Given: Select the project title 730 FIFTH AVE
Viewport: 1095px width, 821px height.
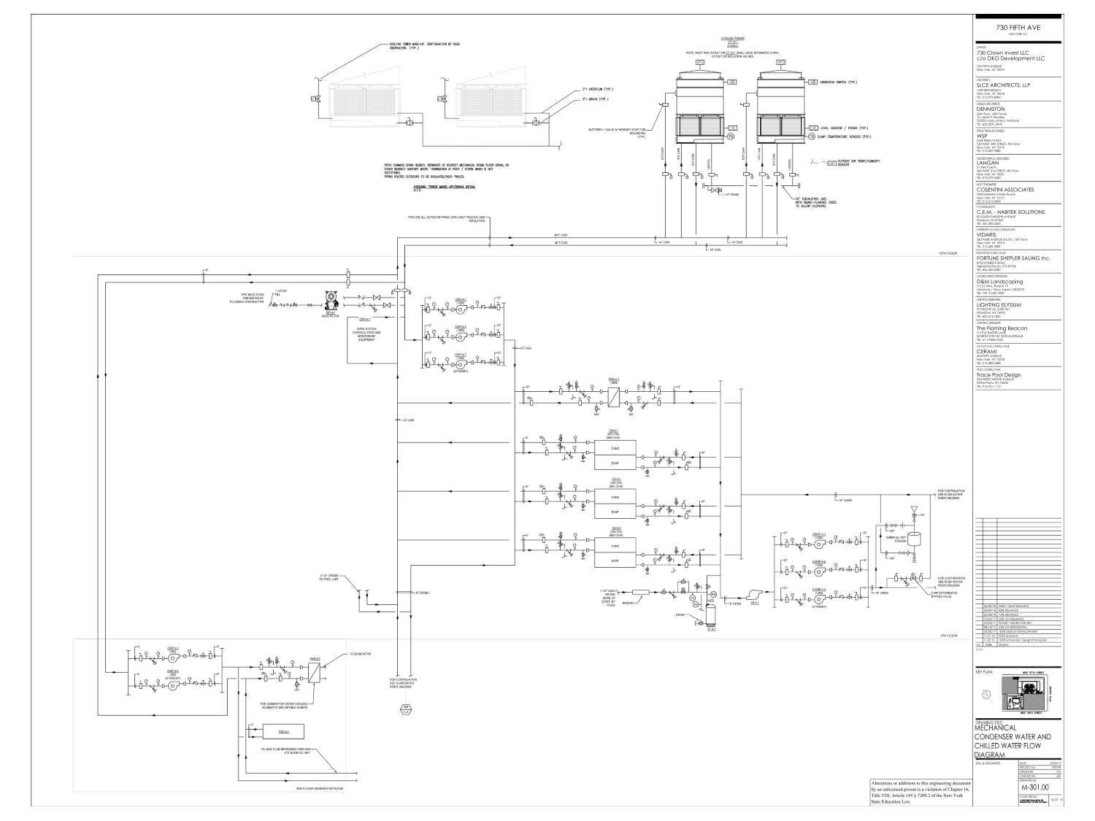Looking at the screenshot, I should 1018,27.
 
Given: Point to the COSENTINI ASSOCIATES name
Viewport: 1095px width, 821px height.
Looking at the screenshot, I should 1005,190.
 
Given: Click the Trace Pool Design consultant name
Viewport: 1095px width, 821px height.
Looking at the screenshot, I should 999,375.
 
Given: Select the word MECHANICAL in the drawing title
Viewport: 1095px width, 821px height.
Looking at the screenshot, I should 999,728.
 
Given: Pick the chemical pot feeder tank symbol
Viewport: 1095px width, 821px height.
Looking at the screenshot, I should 913,539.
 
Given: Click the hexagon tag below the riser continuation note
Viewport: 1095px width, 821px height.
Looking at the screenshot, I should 404,708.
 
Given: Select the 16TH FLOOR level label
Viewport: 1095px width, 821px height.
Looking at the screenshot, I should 948,254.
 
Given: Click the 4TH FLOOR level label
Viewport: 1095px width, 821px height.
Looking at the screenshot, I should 948,636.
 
